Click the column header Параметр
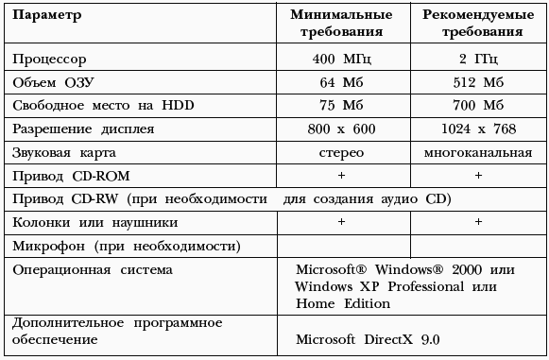[x=47, y=17]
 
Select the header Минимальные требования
[x=341, y=24]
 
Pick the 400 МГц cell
[x=341, y=60]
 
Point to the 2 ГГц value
[x=478, y=60]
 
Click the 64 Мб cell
[x=341, y=82]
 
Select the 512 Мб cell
[x=478, y=82]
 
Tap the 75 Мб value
[x=341, y=106]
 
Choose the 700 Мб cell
[x=478, y=106]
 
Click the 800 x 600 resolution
[x=341, y=129]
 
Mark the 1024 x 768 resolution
[x=478, y=129]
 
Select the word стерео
[x=341, y=152]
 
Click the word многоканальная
[x=478, y=152]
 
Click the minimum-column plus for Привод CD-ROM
[x=341, y=176]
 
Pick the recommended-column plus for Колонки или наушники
[x=478, y=222]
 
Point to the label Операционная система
[x=93, y=270]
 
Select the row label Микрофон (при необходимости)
[x=126, y=246]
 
